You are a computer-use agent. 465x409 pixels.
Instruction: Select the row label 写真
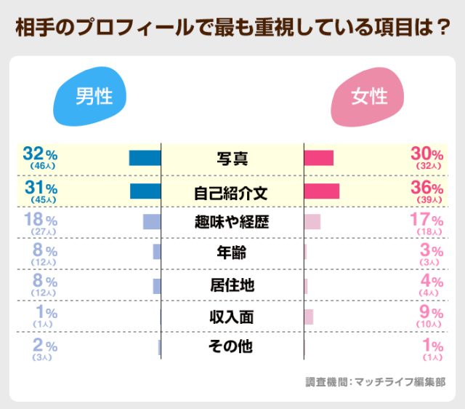tap(232, 158)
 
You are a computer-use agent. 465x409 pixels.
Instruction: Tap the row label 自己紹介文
tap(232, 191)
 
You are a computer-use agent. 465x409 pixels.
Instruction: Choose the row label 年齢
tap(232, 253)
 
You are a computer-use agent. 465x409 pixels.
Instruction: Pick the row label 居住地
tap(232, 285)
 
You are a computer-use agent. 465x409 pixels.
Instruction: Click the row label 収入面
tap(232, 316)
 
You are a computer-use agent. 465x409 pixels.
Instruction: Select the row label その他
tap(232, 346)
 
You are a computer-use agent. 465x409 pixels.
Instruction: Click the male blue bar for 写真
tap(145, 158)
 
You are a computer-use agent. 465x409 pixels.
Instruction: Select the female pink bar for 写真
tap(318, 158)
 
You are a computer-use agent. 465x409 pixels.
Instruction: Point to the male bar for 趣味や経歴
tap(151, 222)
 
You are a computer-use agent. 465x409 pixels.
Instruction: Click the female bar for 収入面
tap(309, 317)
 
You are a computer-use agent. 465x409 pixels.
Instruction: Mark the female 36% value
tap(426, 187)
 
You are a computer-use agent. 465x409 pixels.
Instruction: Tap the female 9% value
tap(432, 312)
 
